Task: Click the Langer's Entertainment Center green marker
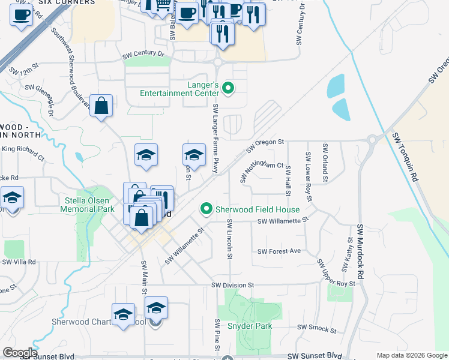click(x=228, y=89)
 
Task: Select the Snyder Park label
click(x=250, y=326)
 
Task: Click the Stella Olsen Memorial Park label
click(x=87, y=205)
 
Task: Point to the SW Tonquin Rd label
click(x=405, y=155)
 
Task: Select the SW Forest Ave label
click(x=279, y=251)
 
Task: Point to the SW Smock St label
click(x=317, y=329)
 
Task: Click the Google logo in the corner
click(x=20, y=353)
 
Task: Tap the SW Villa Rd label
click(x=19, y=262)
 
